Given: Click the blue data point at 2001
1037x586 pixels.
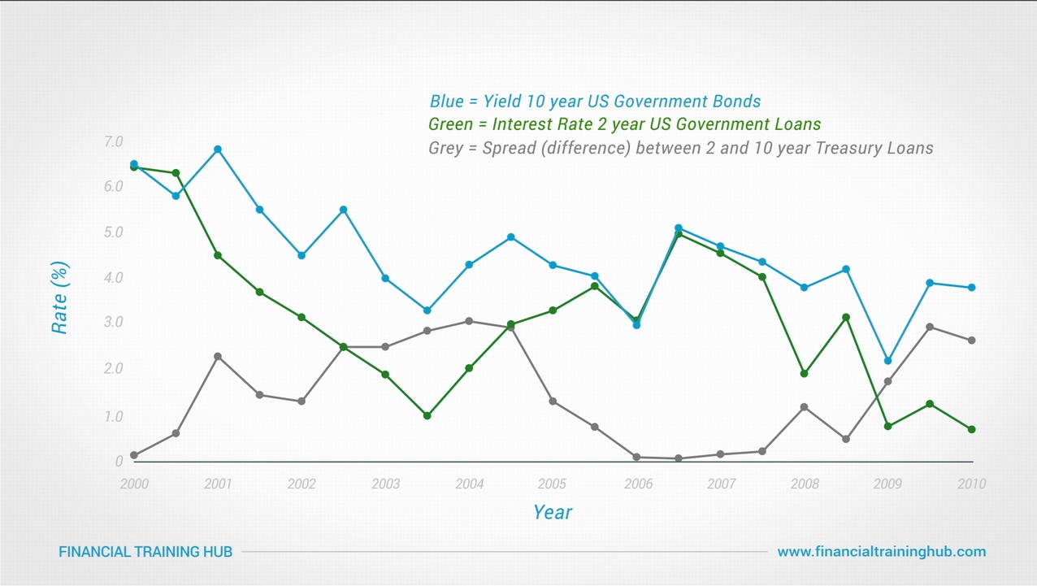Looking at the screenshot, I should (218, 150).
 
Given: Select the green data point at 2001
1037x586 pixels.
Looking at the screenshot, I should (218, 255).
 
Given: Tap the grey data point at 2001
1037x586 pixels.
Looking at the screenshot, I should (218, 356).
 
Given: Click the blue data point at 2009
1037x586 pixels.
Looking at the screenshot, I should (887, 361).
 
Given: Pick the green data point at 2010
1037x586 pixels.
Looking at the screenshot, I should (971, 429).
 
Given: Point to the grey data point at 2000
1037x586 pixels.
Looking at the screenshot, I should (133, 455).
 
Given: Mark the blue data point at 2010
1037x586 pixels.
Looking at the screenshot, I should (971, 288).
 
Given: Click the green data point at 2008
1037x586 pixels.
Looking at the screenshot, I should (804, 374).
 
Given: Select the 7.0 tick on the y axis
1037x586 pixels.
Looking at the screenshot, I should (113, 142).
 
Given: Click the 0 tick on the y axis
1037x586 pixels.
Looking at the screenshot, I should (119, 462).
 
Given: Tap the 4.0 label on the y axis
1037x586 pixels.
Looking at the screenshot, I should (113, 278).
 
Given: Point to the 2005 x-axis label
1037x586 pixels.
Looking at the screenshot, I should (552, 484).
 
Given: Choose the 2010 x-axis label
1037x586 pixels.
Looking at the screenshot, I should (971, 484).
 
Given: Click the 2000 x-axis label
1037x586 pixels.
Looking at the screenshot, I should (133, 484).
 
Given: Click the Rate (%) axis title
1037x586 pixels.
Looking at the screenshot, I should (59, 297).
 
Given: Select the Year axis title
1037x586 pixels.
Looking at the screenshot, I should (553, 513).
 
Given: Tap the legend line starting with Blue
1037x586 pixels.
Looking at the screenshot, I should (595, 102).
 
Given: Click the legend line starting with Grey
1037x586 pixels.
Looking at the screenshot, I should (680, 149).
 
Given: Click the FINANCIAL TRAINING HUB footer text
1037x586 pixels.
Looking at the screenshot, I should (145, 552).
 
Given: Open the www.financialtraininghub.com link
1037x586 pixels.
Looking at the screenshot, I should (881, 552).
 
